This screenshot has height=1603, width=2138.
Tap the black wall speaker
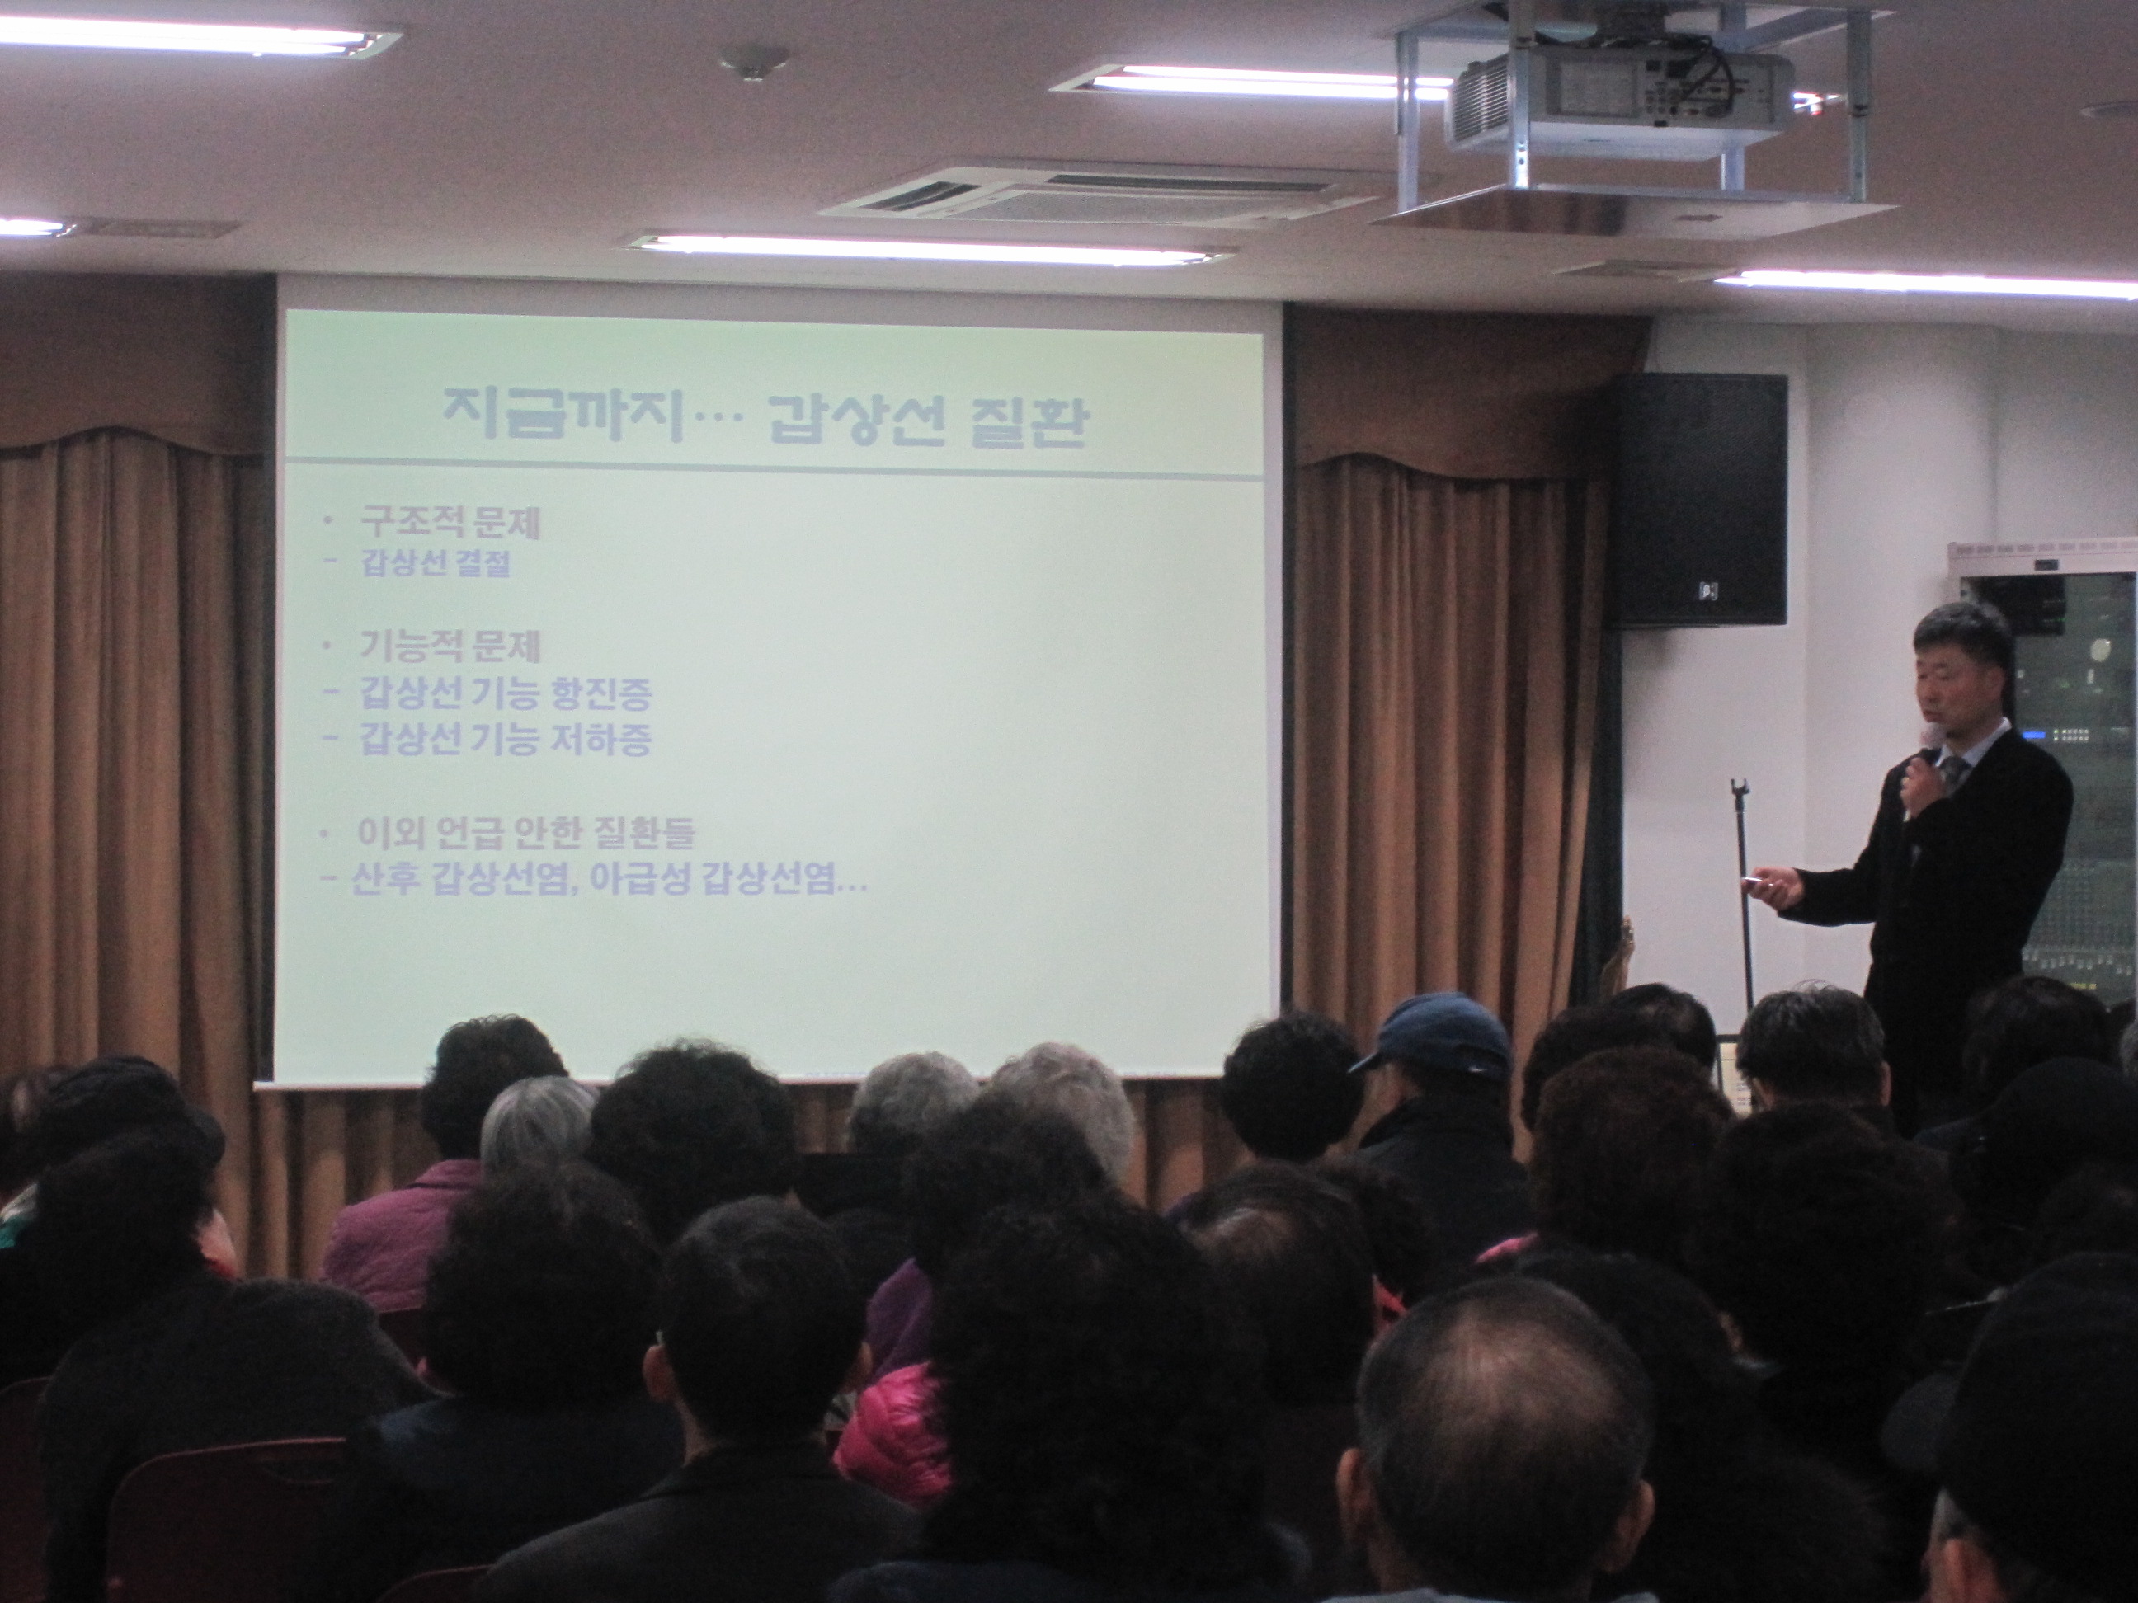[1696, 501]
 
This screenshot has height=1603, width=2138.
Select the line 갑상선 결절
[435, 563]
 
